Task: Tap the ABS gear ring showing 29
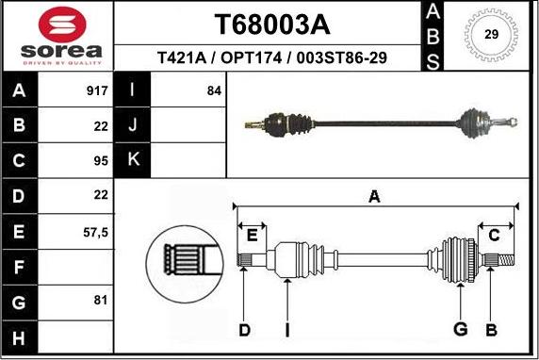coord(490,36)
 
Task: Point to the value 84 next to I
coord(213,92)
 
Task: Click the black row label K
coord(133,160)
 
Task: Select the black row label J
coord(133,125)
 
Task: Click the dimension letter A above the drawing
coord(374,196)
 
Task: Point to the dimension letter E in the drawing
coord(252,235)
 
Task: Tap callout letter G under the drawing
coord(461,329)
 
